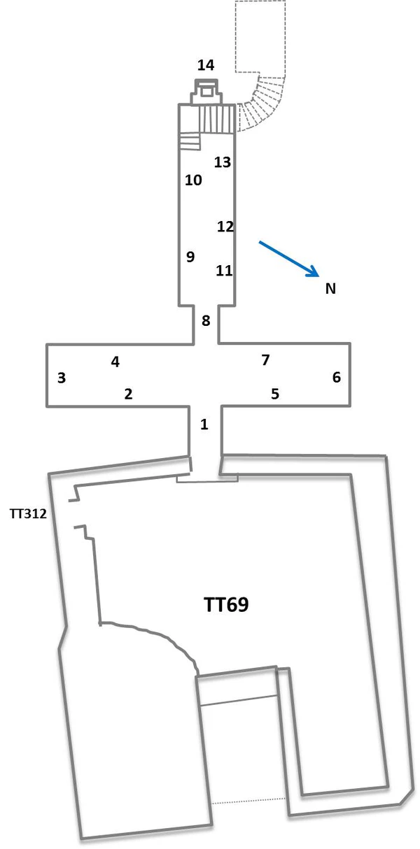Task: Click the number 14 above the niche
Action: click(205, 66)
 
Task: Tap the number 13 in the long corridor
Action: click(223, 162)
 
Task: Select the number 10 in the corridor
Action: click(193, 180)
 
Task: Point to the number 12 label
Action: click(225, 227)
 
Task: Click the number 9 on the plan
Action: click(190, 257)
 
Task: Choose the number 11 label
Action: click(224, 270)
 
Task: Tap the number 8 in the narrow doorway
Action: click(206, 321)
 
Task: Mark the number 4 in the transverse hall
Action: click(115, 362)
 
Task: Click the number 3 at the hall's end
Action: click(62, 378)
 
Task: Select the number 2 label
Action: click(128, 394)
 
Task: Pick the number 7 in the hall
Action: click(265, 360)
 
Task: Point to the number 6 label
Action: click(337, 378)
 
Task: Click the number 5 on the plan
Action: click(275, 394)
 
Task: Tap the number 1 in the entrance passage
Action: click(204, 424)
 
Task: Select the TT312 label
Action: click(28, 514)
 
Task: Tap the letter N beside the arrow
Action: click(330, 288)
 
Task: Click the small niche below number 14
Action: click(206, 92)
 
